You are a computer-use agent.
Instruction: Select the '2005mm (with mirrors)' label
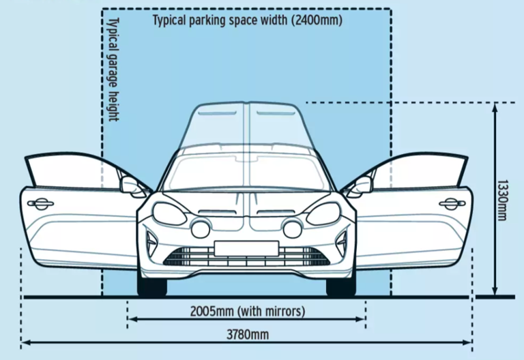tap(246, 312)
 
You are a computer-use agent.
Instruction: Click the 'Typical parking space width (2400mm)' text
tap(247, 20)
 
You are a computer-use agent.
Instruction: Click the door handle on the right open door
tap(452, 203)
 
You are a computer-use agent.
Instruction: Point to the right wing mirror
tap(362, 184)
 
